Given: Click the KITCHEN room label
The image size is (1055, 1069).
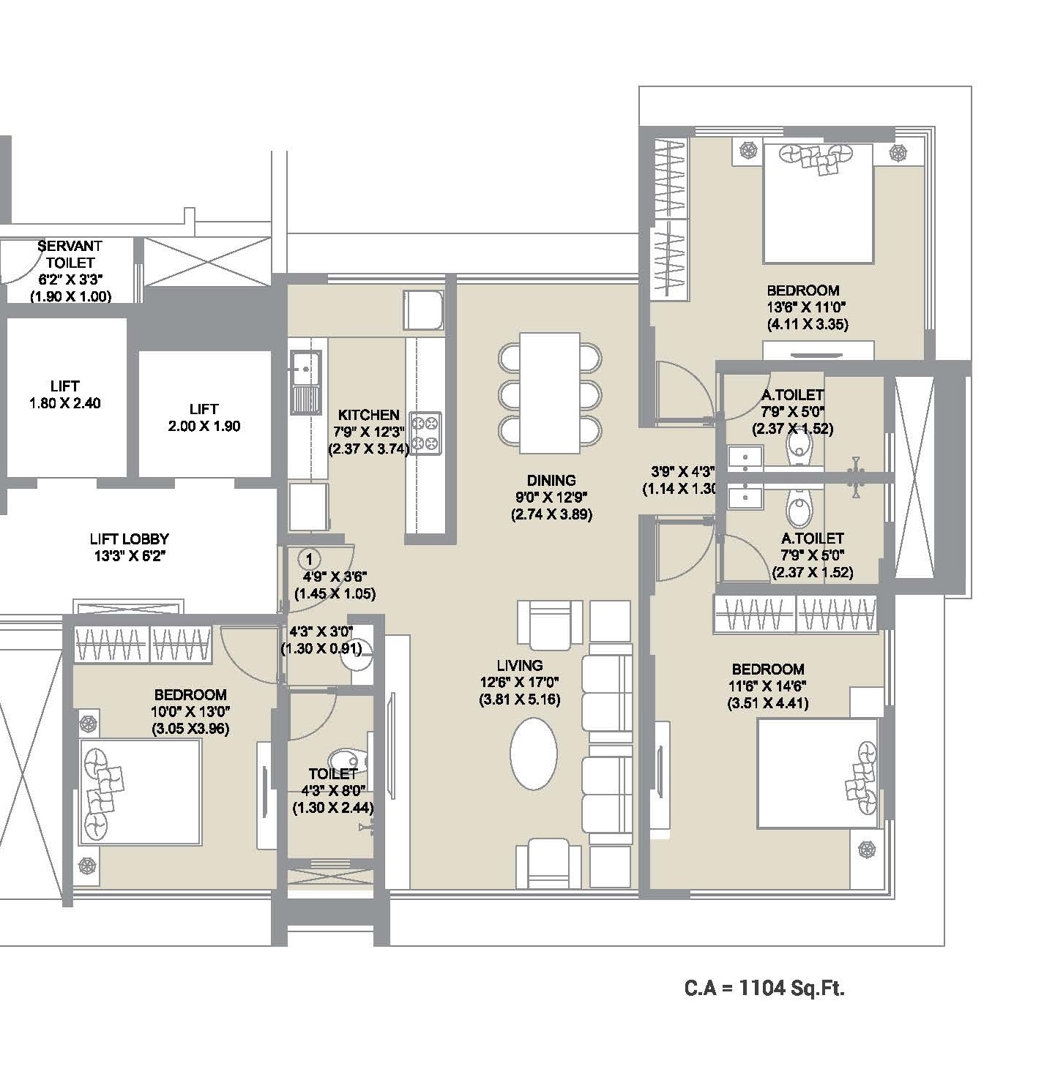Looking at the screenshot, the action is [x=369, y=415].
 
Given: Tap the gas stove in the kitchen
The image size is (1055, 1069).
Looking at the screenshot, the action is [x=425, y=433].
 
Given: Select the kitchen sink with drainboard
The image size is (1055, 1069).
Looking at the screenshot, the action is [x=305, y=383].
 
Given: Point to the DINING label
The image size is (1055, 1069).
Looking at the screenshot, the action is [x=551, y=481].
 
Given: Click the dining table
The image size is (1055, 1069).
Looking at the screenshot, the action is [x=550, y=393].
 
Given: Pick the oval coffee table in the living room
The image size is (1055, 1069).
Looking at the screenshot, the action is [x=534, y=753].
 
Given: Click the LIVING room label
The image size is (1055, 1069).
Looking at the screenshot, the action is [x=520, y=665].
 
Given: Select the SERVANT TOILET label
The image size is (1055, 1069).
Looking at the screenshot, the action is [x=70, y=253].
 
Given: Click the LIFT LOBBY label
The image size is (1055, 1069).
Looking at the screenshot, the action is [x=130, y=539].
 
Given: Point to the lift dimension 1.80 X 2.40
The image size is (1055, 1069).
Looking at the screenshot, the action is [x=65, y=403].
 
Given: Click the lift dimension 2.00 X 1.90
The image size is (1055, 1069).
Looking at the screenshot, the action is [x=204, y=427].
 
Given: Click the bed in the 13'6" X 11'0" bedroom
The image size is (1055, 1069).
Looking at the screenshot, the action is [x=818, y=203].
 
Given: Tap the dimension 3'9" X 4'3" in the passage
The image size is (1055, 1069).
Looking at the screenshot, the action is [x=683, y=472].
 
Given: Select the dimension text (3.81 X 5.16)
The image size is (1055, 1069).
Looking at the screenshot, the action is [x=520, y=699].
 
